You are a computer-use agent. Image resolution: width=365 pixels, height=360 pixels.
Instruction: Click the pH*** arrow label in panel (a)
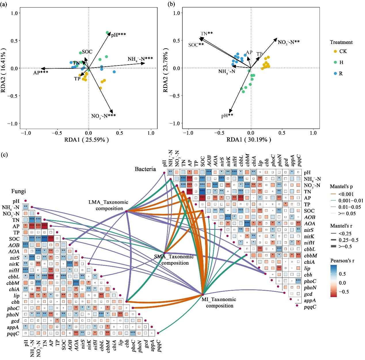tap(119, 35)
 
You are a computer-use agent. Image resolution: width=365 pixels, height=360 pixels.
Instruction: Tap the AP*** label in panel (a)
tap(41, 73)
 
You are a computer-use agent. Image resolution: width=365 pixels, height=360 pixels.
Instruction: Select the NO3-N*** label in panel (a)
tap(103, 116)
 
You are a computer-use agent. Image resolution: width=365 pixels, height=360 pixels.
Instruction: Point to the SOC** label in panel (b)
tap(196, 45)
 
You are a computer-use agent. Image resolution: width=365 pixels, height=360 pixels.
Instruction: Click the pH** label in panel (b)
tap(227, 115)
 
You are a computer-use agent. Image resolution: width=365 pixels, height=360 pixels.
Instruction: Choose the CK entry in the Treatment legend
tap(343, 51)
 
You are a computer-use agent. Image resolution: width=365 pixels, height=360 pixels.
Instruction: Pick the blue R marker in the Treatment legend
tap(335, 74)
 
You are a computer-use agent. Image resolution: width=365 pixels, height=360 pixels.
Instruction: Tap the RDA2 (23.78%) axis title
tap(165, 68)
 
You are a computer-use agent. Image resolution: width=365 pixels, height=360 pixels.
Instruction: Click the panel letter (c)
tap(5, 155)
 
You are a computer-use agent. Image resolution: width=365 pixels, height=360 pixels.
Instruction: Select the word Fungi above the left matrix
tap(18, 191)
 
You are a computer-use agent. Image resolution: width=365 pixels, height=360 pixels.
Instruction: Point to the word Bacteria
tap(145, 169)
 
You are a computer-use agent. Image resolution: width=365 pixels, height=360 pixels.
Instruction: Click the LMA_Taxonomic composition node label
tap(108, 205)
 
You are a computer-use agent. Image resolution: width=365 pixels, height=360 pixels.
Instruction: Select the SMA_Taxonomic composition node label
tap(174, 260)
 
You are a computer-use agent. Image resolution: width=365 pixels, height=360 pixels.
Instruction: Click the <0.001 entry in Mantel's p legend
tap(346, 194)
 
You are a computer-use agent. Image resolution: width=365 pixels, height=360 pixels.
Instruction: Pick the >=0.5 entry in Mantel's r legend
tap(345, 247)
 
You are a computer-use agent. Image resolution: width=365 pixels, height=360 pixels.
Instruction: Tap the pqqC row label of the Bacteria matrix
tap(310, 307)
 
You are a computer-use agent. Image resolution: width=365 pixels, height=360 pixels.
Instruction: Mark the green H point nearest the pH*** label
tap(107, 33)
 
